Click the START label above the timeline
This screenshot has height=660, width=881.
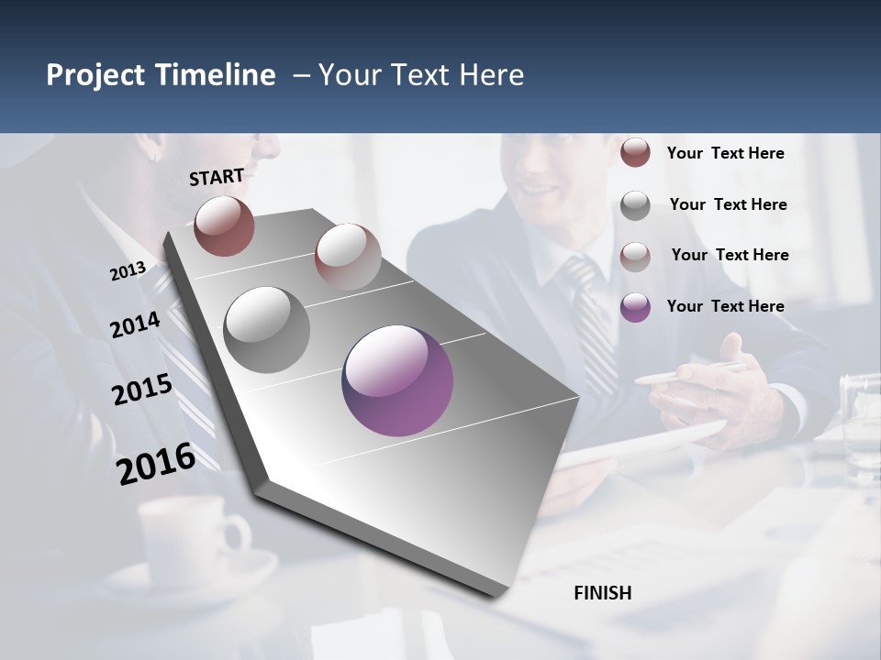[x=217, y=177]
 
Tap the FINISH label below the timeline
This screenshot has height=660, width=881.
[x=603, y=593]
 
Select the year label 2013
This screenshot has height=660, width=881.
[x=128, y=271]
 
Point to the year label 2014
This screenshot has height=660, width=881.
[x=135, y=324]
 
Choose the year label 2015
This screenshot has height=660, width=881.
[x=142, y=390]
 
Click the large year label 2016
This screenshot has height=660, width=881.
[x=156, y=463]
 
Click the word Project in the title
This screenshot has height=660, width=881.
[x=96, y=75]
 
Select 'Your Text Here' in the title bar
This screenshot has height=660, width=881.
[x=421, y=75]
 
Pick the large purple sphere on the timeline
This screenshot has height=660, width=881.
[x=397, y=380]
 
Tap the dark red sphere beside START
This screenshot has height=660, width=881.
[x=224, y=225]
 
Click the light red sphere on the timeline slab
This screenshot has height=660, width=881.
[x=348, y=257]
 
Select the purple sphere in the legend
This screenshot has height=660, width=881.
[x=635, y=307]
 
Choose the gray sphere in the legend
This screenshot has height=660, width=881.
[x=635, y=205]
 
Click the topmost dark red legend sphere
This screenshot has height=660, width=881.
[x=635, y=152]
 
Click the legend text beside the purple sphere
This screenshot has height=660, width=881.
[x=725, y=306]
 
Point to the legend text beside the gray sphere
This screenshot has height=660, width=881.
[x=728, y=204]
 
